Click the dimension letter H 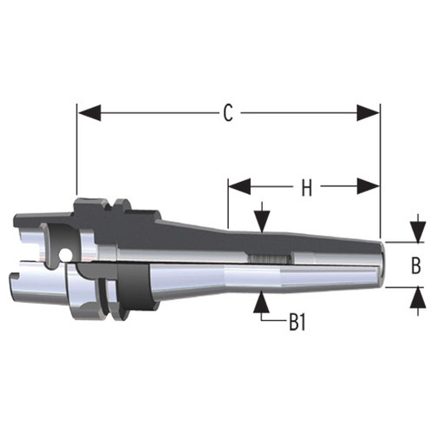(x=305, y=186)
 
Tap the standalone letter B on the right (x=416, y=264)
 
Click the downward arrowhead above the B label (x=411, y=234)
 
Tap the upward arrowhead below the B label (x=411, y=296)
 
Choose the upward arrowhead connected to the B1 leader (x=262, y=302)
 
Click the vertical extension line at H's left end (x=228, y=204)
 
